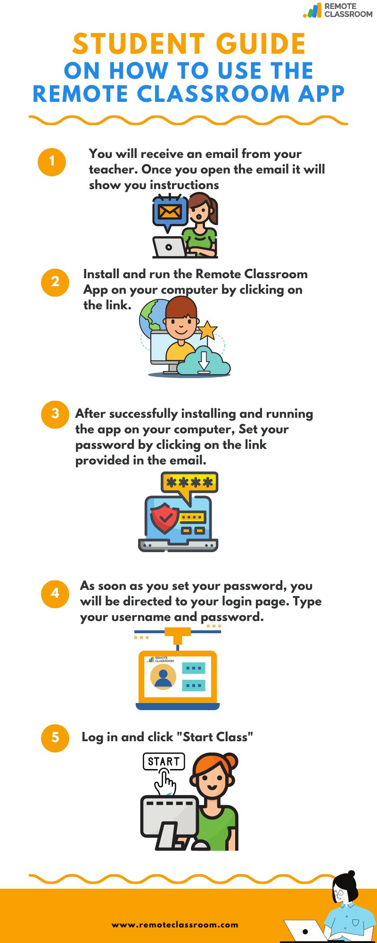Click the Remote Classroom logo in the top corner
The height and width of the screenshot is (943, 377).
coord(338,10)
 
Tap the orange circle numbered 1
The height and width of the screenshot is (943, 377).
coord(52,162)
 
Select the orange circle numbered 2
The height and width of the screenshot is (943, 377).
coord(55,282)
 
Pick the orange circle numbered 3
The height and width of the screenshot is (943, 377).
coord(55,414)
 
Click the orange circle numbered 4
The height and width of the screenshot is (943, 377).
coord(55,594)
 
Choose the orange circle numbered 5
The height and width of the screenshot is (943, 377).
coord(55,738)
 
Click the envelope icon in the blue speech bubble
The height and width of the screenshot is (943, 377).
coord(169,211)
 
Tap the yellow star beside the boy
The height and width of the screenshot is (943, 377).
coord(207,330)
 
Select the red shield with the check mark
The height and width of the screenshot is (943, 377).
coord(164,518)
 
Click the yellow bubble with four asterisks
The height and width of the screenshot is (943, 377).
coord(189,482)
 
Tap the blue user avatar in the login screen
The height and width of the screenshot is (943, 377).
coord(163,678)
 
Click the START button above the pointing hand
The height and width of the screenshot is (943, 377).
coord(164,761)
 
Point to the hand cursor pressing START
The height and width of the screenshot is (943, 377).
coord(165,781)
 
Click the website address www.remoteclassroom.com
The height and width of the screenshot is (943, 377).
coord(175,925)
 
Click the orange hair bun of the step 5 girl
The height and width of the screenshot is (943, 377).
coord(231,761)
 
